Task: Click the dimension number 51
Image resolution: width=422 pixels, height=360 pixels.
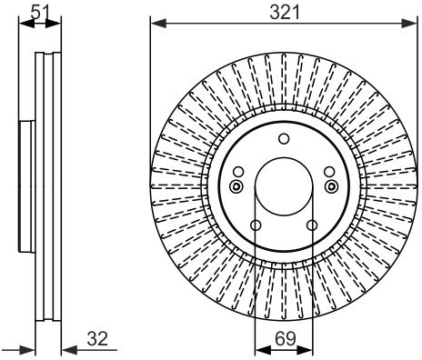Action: pos(40,13)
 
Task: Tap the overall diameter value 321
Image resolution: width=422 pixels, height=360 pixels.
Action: pos(285,13)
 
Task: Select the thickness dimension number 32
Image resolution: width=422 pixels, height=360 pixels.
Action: pos(97,339)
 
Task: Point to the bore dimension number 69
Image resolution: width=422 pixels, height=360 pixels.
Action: pos(286,339)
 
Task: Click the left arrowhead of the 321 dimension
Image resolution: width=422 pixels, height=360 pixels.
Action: pos(158,24)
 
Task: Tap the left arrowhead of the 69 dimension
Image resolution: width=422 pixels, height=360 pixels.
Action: pos(263,350)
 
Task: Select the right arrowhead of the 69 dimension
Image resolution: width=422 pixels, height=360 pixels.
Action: pos(305,350)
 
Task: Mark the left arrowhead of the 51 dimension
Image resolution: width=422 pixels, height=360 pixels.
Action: pos(26,24)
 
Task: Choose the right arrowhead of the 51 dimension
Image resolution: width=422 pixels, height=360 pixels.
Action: pos(53,24)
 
